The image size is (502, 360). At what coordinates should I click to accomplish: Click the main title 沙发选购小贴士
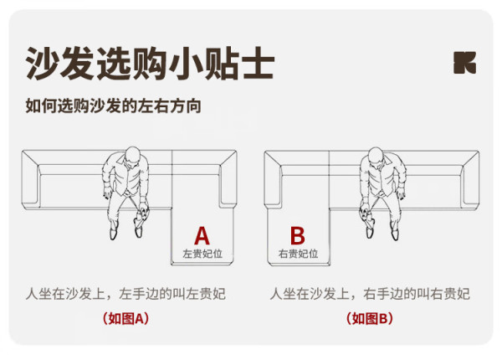point(150,63)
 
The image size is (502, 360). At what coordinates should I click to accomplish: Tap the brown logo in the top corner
point(464,63)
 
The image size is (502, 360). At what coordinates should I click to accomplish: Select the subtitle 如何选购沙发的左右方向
point(113,106)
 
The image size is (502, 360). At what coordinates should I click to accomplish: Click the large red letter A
point(202,236)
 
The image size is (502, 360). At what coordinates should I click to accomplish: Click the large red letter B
point(297,236)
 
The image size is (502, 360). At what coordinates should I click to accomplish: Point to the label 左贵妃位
point(202,254)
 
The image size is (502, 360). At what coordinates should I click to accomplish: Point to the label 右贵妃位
point(298,254)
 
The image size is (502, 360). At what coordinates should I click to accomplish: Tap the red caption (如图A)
point(125,319)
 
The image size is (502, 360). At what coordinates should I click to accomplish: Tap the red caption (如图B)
point(370,319)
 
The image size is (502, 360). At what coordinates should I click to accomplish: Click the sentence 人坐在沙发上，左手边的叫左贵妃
point(125,294)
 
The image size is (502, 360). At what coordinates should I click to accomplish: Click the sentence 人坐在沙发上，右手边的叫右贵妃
point(370,294)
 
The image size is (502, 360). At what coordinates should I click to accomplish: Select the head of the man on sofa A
point(132,157)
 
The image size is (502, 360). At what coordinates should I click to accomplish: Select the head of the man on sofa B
point(376,157)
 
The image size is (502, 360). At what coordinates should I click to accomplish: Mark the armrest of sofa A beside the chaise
point(228,179)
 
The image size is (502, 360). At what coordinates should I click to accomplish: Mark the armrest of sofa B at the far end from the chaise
point(470,179)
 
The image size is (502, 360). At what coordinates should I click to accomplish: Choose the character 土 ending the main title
point(258,63)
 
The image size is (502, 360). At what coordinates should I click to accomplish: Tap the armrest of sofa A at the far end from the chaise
point(30,180)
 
